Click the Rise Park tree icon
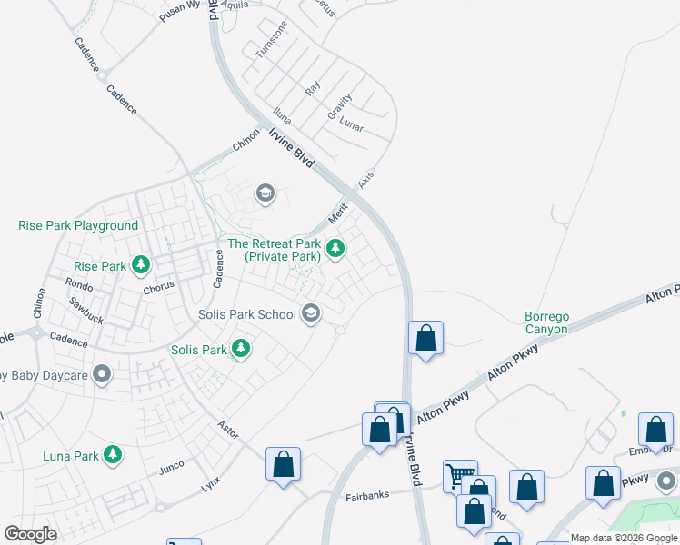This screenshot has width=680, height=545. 141,265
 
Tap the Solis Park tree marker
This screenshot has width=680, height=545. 241,349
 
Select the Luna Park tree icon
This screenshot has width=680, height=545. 113,454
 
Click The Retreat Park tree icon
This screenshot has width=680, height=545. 335,248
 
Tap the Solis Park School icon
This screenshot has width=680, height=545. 311,313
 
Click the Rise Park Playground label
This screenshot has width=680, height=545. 78,225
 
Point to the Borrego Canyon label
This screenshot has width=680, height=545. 546,323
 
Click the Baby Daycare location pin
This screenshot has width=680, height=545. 102,373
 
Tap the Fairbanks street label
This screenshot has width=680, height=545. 368,497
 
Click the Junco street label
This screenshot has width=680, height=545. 172,467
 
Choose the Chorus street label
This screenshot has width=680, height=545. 159,286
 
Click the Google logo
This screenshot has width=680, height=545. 30,534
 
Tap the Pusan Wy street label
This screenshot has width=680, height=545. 180,5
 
